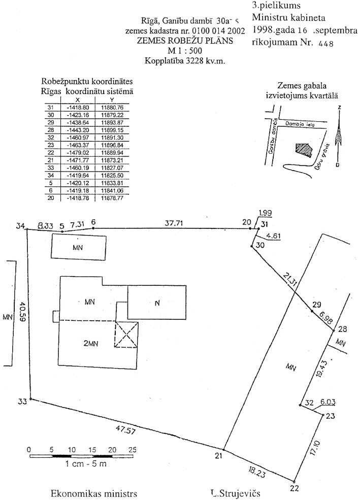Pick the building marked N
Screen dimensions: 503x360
tap(157, 303)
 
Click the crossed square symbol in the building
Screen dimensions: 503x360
tap(125, 335)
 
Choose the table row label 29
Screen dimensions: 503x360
tap(50, 122)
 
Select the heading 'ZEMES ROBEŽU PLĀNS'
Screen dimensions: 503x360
tap(185, 41)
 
